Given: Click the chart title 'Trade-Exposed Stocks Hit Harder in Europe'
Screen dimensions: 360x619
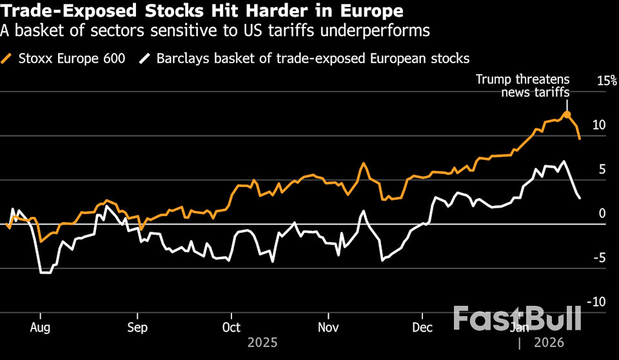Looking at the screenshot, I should [202, 11].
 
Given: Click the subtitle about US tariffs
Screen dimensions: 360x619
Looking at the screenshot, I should [215, 30].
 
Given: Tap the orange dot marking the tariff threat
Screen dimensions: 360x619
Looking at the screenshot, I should [567, 115].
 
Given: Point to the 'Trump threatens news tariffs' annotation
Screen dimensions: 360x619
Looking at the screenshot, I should [523, 86].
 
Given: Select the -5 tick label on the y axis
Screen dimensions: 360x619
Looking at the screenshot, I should [599, 258].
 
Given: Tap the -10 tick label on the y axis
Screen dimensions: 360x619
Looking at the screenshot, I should [596, 302].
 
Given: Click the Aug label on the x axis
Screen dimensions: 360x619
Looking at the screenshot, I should [40, 327].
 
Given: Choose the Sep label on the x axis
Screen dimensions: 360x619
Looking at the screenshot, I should [137, 327].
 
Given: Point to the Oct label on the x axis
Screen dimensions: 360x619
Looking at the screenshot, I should [231, 327].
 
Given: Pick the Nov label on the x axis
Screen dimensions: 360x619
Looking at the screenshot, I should [328, 327].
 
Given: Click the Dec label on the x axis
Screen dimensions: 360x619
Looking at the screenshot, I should [422, 327].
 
